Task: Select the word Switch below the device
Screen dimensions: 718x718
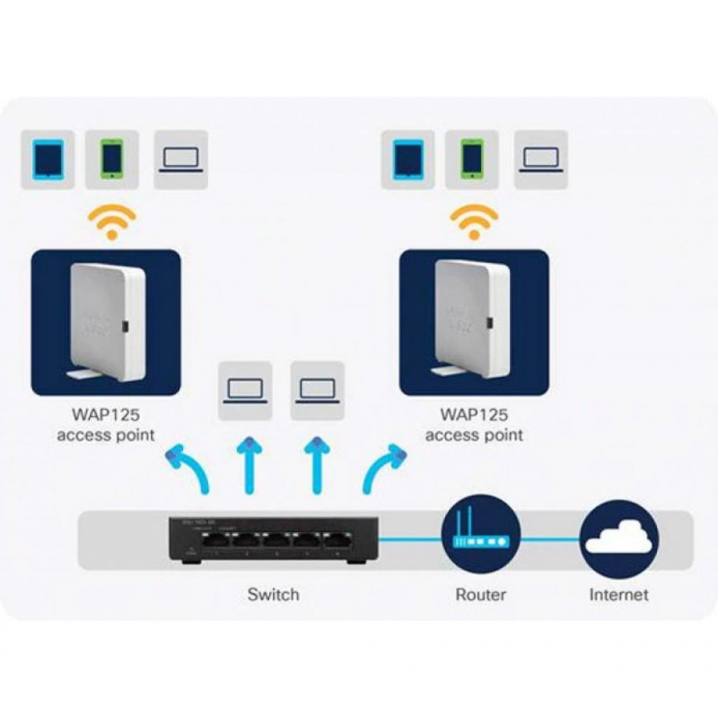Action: (273, 595)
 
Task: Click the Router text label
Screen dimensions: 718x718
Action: (480, 595)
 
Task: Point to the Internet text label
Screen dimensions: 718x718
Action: (618, 595)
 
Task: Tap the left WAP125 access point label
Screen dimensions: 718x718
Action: (106, 425)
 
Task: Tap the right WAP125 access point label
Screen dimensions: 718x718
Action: (474, 425)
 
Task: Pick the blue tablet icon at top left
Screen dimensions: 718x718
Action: (48, 159)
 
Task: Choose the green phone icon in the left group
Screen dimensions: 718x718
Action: (111, 159)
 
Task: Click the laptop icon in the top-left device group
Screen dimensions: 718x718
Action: (181, 159)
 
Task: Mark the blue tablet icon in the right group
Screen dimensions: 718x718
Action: (408, 159)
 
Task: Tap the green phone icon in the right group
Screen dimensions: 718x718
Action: (471, 159)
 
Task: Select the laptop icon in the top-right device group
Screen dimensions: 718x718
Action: (541, 159)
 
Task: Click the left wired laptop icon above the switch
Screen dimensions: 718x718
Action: (245, 391)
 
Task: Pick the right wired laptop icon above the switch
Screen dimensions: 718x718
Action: (317, 391)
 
